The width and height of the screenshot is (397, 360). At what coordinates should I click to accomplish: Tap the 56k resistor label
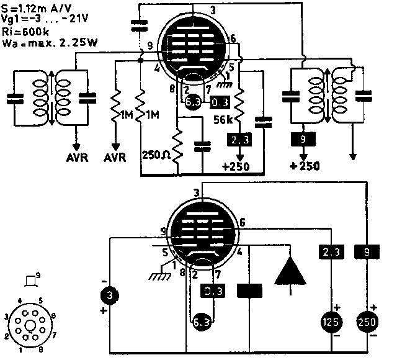click(x=224, y=120)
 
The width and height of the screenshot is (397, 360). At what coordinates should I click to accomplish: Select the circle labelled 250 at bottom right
click(x=367, y=322)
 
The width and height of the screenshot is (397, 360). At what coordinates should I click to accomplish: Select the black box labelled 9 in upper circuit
click(x=303, y=140)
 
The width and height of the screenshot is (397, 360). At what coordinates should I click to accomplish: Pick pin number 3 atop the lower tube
click(x=196, y=193)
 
